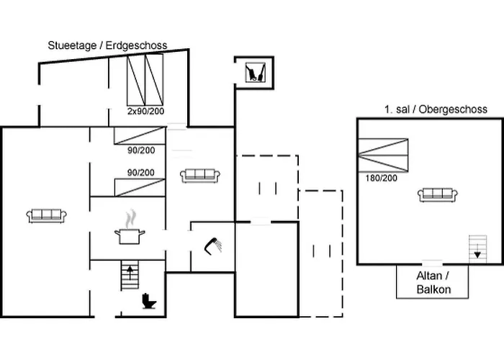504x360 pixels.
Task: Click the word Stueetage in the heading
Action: [x=71, y=45]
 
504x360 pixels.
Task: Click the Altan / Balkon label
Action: [x=433, y=282]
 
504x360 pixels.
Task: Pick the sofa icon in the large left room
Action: [x=48, y=215]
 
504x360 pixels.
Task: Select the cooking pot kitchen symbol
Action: [x=130, y=236]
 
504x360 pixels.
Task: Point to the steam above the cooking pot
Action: [x=130, y=217]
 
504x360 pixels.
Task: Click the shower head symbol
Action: [x=214, y=246]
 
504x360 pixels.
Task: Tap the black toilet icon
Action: [x=149, y=300]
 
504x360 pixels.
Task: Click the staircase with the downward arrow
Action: [x=476, y=248]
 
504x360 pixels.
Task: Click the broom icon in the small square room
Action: [x=254, y=71]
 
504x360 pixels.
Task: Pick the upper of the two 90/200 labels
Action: [x=141, y=150]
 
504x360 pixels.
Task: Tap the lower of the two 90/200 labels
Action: [x=141, y=172]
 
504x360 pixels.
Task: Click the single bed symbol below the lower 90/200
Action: [x=140, y=186]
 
